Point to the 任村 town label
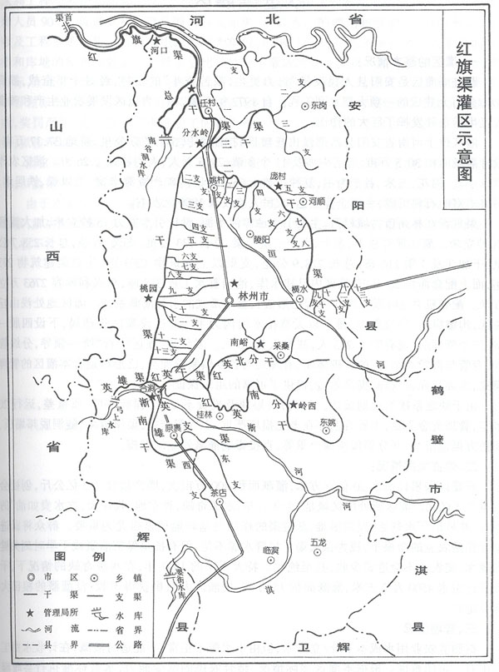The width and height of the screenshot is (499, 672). tap(208, 103)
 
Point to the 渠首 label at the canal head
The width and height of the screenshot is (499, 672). tap(81, 15)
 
